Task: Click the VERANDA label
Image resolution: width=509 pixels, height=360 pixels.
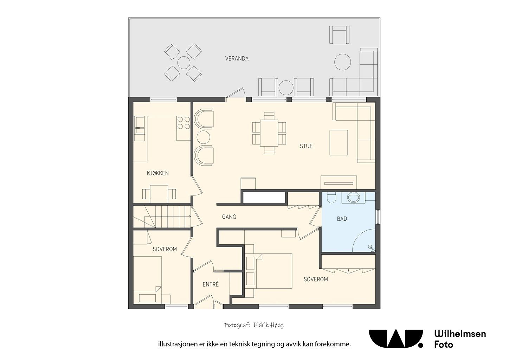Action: (x=237, y=59)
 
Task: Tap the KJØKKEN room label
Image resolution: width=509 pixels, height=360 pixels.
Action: (x=158, y=173)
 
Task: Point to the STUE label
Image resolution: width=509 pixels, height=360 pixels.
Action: (x=306, y=146)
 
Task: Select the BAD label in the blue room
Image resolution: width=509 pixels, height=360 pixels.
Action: (x=342, y=219)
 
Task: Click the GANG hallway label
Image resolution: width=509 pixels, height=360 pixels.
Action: (x=229, y=217)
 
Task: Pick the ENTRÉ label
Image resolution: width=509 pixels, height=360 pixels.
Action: (x=211, y=284)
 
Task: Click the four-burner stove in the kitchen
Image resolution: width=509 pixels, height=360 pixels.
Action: (x=183, y=123)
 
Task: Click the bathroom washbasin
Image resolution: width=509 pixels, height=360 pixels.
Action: (x=354, y=197)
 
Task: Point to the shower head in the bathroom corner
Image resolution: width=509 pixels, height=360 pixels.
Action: (x=371, y=248)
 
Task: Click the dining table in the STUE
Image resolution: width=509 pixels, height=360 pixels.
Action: (x=269, y=133)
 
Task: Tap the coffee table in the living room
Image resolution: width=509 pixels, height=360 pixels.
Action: (x=339, y=142)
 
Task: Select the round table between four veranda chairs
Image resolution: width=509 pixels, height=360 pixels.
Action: (x=183, y=63)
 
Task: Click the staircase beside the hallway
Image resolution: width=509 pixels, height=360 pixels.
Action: (x=162, y=216)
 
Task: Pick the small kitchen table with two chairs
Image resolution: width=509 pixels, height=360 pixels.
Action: (x=159, y=194)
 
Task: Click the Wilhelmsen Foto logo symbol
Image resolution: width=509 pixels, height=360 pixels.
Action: (x=395, y=339)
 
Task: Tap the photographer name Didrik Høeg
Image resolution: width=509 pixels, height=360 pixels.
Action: (x=268, y=325)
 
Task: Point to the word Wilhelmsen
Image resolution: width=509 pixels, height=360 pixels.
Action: (x=460, y=334)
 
